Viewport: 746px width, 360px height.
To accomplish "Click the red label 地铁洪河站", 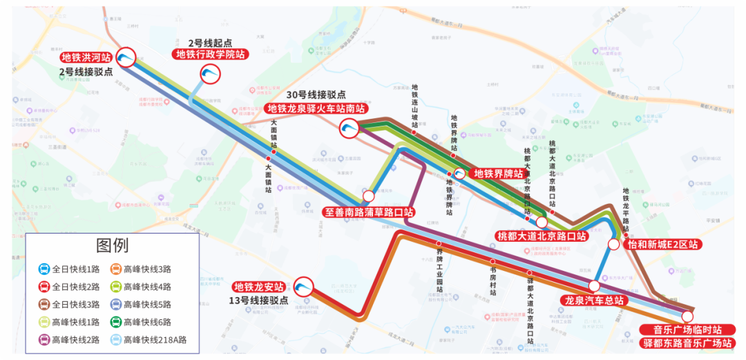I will (86, 58).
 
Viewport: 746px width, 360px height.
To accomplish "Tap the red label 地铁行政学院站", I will (211, 54).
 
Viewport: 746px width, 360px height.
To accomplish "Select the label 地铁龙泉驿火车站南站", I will (316, 108).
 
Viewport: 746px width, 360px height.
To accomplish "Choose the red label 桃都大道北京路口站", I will (542, 236).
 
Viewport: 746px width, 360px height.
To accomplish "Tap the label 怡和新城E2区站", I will (662, 245).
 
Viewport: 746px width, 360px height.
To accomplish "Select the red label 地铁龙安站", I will (259, 287).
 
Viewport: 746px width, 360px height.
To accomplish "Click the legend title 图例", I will (113, 245).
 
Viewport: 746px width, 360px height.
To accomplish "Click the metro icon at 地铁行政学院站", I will (210, 74).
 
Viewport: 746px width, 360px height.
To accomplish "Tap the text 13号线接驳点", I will (259, 300).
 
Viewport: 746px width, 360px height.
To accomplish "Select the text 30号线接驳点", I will (316, 95).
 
